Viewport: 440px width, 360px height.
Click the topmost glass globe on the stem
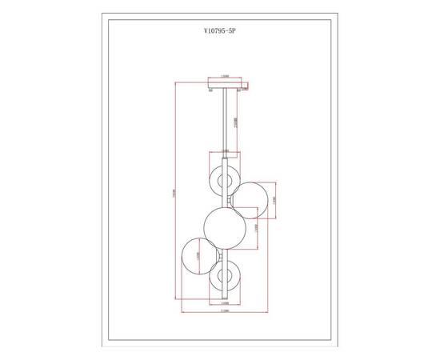pyautogui.click(x=222, y=178)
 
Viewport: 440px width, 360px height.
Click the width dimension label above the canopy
pyautogui.click(x=226, y=78)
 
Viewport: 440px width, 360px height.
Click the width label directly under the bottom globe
pyautogui.click(x=224, y=302)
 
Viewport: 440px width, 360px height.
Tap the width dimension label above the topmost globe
pyautogui.click(x=223, y=152)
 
